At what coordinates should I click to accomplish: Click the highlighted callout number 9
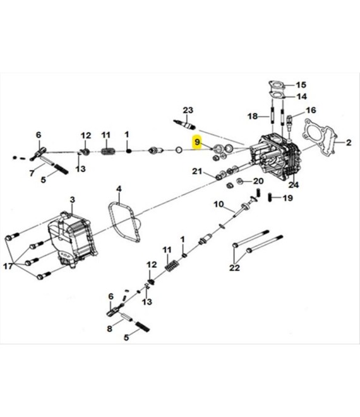tap(198, 143)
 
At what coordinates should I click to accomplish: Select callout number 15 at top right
tap(300, 85)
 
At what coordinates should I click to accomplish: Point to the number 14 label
tap(301, 97)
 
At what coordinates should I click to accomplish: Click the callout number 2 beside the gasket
tap(347, 143)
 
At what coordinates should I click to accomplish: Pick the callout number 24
tap(293, 185)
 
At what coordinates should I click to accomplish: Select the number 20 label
tap(258, 181)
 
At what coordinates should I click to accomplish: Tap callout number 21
tap(197, 172)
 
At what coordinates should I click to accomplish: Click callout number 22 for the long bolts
tap(236, 268)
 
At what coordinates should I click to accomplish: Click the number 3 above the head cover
tap(72, 200)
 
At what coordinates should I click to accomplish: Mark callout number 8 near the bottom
tap(110, 329)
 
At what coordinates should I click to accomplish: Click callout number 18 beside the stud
tap(252, 116)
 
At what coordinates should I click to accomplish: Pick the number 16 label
tap(310, 110)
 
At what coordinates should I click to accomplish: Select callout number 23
tap(187, 110)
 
